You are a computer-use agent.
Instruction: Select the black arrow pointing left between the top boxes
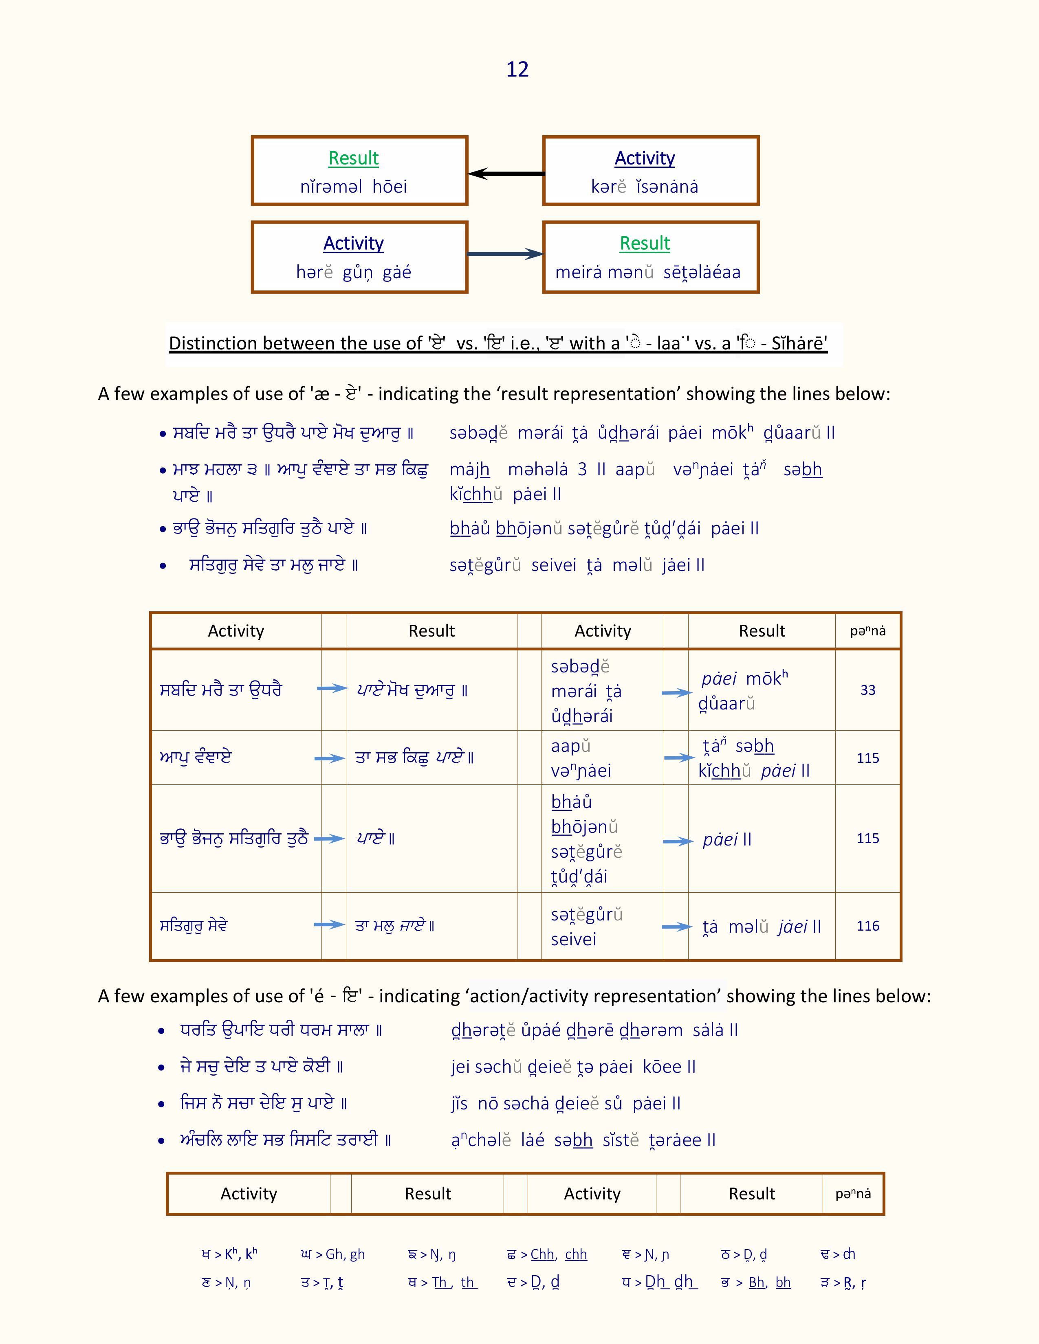pyautogui.click(x=506, y=173)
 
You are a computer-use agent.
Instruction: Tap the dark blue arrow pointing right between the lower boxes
pyautogui.click(x=505, y=254)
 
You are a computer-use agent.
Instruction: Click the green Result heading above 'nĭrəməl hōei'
pyautogui.click(x=353, y=158)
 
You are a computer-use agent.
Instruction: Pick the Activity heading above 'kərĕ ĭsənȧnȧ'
pyautogui.click(x=645, y=158)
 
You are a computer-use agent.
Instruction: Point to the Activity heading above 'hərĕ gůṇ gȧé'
pyautogui.click(x=353, y=243)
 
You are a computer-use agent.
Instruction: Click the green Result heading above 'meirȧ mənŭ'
pyautogui.click(x=645, y=243)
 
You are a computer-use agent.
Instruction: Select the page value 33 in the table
pyautogui.click(x=868, y=690)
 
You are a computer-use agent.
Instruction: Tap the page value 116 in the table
pyautogui.click(x=868, y=926)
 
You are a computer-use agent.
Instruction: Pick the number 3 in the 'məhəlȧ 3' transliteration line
pyautogui.click(x=582, y=470)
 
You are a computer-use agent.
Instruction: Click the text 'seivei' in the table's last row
pyautogui.click(x=574, y=939)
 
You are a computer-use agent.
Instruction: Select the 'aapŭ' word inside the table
pyautogui.click(x=570, y=746)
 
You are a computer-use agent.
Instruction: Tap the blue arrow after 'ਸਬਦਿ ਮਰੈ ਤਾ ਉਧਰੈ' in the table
pyautogui.click(x=332, y=689)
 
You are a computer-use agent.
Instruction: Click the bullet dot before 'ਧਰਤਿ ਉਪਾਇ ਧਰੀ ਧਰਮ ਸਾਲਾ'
pyautogui.click(x=161, y=1031)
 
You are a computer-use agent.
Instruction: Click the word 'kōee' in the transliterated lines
pyautogui.click(x=662, y=1067)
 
